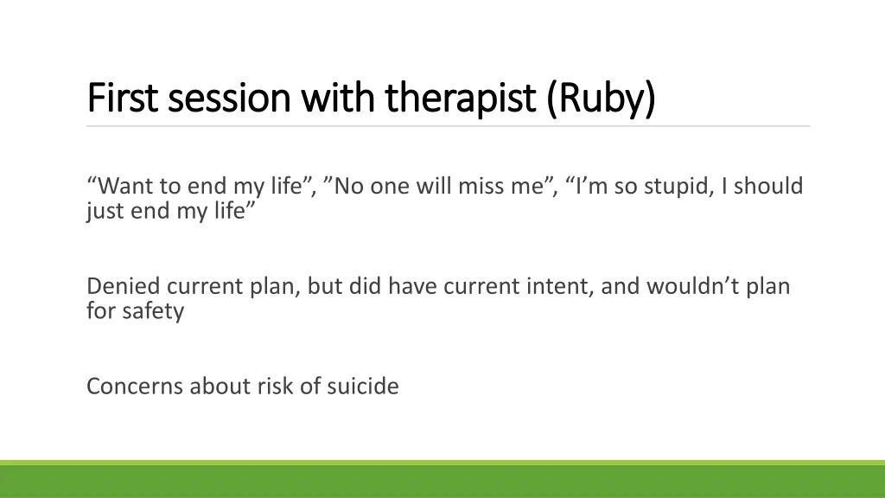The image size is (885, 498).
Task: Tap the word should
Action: [x=768, y=186]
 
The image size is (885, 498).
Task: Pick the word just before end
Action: [x=105, y=210]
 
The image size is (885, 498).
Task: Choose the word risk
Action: [x=275, y=386]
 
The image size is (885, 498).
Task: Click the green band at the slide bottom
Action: [x=442, y=481]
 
